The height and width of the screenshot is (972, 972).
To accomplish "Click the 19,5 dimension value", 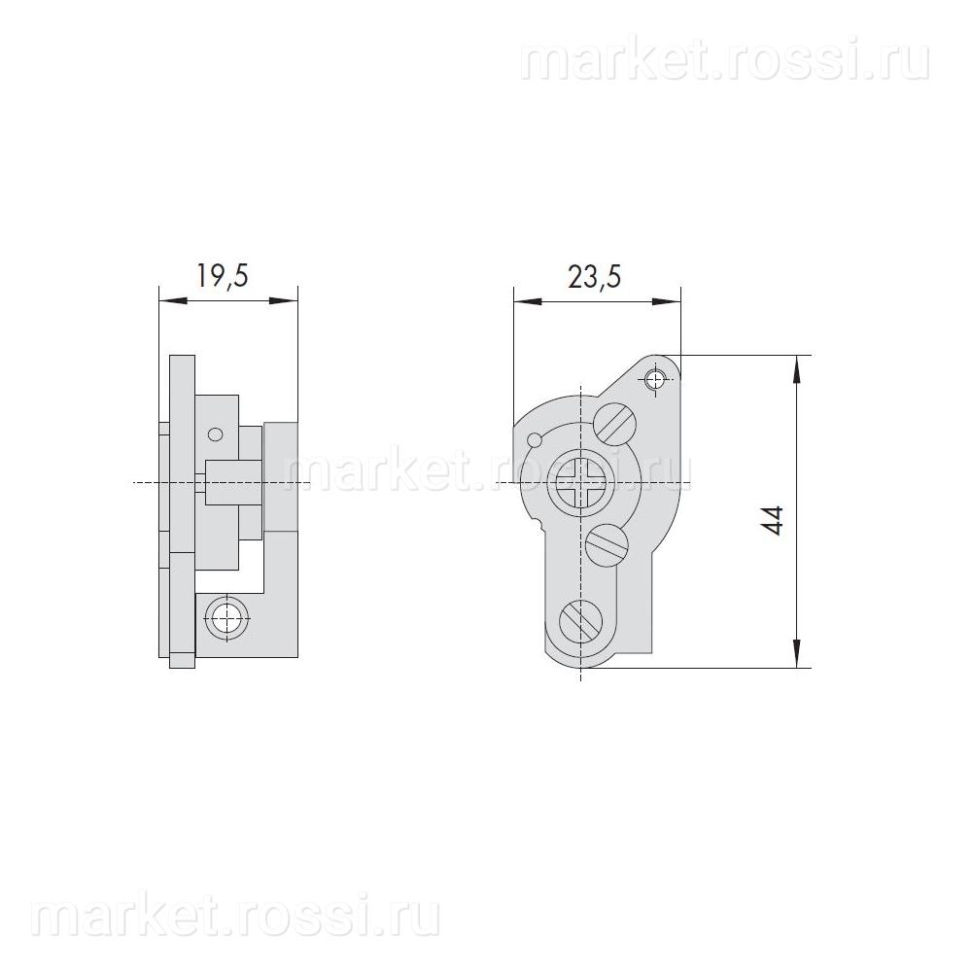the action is click(223, 275).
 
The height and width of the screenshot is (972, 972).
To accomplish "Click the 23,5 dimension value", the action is click(595, 276).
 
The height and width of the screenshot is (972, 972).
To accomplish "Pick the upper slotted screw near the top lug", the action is click(615, 424).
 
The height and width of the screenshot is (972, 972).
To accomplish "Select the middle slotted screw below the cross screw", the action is click(607, 544).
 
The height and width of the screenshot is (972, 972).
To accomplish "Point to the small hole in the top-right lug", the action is click(654, 379).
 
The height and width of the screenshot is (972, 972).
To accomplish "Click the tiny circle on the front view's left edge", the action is click(534, 439).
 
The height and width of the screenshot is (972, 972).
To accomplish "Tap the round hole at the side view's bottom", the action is click(227, 617).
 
